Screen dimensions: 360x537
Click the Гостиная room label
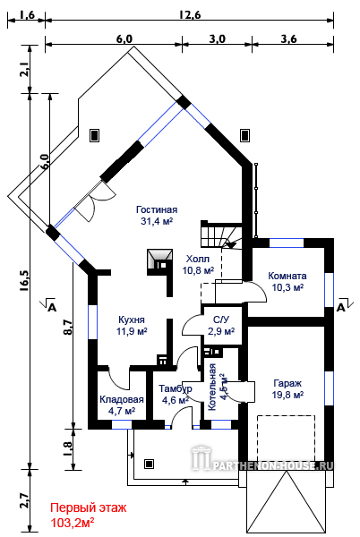157,209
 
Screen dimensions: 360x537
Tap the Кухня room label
132,320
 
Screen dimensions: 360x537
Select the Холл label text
198,259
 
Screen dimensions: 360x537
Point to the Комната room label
287,276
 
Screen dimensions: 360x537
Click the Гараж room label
287,383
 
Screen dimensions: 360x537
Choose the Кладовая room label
122,400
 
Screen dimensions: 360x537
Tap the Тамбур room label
176,389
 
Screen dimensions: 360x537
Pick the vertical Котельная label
212,387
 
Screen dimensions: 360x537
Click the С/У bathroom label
221,320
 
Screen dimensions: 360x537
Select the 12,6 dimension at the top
190,15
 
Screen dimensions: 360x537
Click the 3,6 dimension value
288,39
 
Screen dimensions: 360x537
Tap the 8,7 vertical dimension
68,327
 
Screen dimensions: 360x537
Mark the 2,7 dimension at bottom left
25,500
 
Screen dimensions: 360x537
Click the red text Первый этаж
88,507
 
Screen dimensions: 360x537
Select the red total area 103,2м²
73,523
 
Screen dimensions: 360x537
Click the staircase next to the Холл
220,234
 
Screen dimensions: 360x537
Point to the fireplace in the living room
159,262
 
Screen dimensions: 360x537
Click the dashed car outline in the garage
286,439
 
